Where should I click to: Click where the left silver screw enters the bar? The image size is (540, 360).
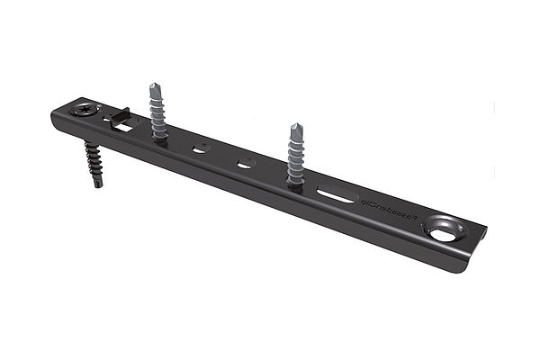159,139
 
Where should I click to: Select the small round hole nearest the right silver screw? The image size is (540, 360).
246,164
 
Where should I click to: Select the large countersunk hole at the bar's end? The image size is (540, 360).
442,230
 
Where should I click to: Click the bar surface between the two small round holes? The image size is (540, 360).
222,156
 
